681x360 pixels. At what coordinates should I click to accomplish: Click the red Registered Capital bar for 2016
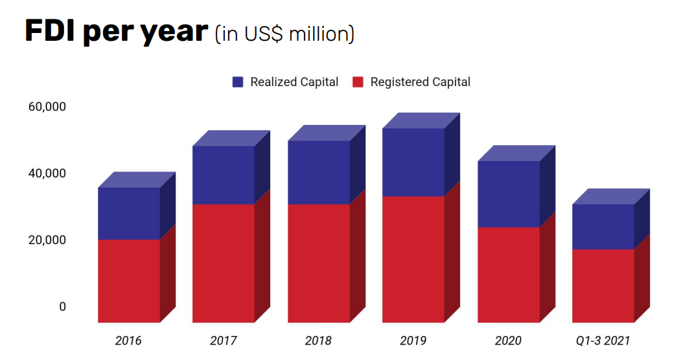pyautogui.click(x=128, y=280)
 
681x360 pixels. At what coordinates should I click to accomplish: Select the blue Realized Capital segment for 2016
pyautogui.click(x=128, y=213)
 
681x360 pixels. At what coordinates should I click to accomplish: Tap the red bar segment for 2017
pyautogui.click(x=224, y=263)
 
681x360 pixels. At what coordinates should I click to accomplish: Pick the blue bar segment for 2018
pyautogui.click(x=319, y=172)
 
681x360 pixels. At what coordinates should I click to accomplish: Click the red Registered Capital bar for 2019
pyautogui.click(x=413, y=259)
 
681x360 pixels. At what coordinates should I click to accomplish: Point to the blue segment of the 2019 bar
pyautogui.click(x=413, y=162)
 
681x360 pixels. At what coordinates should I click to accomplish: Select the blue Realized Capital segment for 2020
pyautogui.click(x=509, y=194)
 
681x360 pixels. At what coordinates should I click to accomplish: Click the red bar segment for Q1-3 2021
pyautogui.click(x=603, y=286)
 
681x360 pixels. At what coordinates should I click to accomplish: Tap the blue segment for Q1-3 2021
pyautogui.click(x=603, y=227)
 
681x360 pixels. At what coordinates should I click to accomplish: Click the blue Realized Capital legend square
pyautogui.click(x=238, y=82)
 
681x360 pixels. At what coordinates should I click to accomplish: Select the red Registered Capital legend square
pyautogui.click(x=358, y=82)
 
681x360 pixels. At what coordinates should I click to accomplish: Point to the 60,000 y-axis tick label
pyautogui.click(x=47, y=107)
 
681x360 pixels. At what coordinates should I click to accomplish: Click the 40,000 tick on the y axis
pyautogui.click(x=47, y=174)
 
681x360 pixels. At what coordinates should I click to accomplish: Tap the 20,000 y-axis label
pyautogui.click(x=47, y=240)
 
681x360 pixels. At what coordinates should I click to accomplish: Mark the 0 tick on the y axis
pyautogui.click(x=63, y=307)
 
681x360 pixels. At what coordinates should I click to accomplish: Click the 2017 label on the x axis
pyautogui.click(x=224, y=341)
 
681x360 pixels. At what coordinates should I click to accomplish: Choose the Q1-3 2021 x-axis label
pyautogui.click(x=603, y=341)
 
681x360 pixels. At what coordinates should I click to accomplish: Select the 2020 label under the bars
pyautogui.click(x=509, y=341)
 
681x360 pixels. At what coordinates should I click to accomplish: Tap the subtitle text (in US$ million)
pyautogui.click(x=284, y=34)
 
